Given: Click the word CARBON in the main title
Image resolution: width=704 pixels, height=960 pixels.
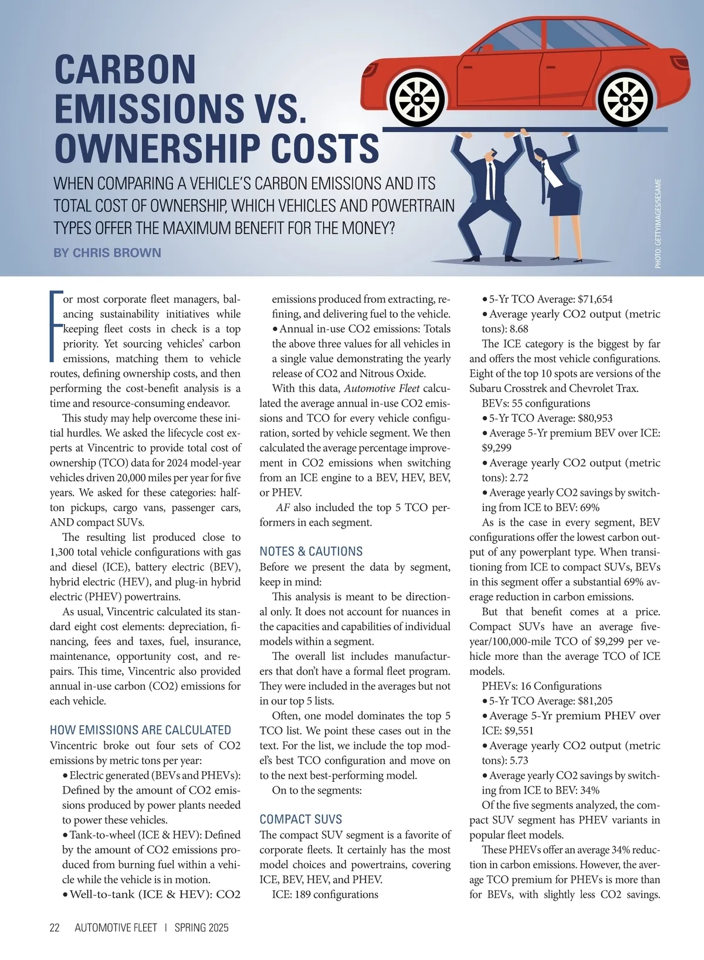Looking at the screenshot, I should pyautogui.click(x=125, y=70).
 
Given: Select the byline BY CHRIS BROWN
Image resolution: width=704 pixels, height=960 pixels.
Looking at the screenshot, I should pyautogui.click(x=107, y=253).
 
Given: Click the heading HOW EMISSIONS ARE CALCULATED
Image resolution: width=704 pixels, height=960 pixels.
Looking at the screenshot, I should pyautogui.click(x=140, y=730).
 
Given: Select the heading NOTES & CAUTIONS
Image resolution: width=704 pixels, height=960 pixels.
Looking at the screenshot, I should pyautogui.click(x=311, y=552).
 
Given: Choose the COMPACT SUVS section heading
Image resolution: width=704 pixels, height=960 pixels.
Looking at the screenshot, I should pyautogui.click(x=300, y=819).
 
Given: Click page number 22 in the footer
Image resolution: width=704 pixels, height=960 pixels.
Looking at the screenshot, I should pyautogui.click(x=55, y=928).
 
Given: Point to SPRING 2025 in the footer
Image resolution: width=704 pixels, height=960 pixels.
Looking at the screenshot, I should pyautogui.click(x=201, y=928).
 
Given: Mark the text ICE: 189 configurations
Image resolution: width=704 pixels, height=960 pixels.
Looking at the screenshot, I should pyautogui.click(x=325, y=894).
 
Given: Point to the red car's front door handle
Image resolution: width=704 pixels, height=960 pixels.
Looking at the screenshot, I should pyautogui.click(x=467, y=67).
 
